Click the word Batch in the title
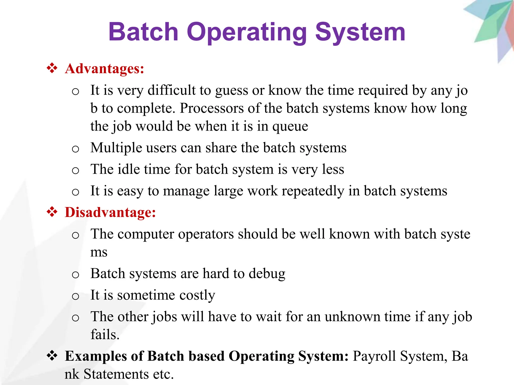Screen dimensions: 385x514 tap(143, 32)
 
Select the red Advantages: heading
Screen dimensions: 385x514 tap(105, 68)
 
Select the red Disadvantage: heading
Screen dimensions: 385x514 tap(110, 212)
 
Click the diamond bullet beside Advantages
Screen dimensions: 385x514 tap(52, 68)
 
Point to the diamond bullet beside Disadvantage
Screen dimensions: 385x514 tap(52, 212)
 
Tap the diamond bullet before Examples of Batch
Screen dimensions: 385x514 tap(52, 356)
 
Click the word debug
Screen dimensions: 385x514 tap(267, 273)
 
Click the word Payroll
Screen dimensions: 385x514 tap(374, 356)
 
